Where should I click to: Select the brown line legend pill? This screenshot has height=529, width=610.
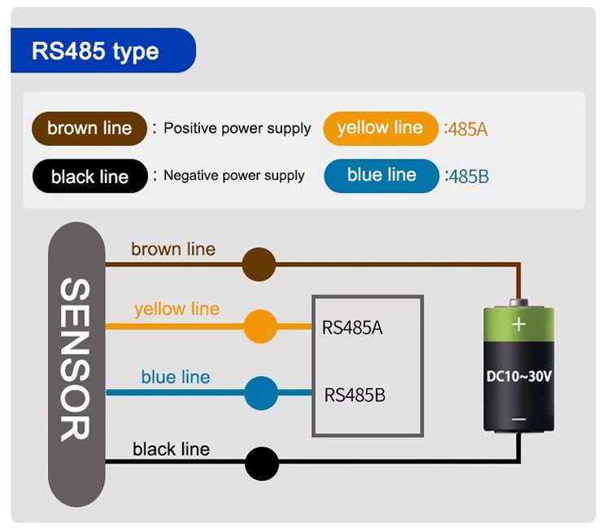click(89, 129)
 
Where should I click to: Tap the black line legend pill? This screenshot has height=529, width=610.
click(89, 177)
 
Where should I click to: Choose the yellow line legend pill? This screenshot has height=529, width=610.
click(380, 128)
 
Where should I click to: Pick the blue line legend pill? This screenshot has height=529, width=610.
click(381, 176)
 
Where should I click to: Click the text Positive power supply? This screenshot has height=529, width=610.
click(237, 129)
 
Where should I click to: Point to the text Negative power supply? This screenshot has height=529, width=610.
click(234, 176)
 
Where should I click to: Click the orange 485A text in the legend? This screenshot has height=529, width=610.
click(467, 129)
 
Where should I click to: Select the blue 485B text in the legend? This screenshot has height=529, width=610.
click(468, 177)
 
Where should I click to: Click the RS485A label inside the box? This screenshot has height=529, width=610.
click(352, 328)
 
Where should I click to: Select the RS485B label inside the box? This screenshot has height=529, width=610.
click(355, 396)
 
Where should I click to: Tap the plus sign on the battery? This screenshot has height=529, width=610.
click(518, 325)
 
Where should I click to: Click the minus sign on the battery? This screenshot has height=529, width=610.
click(518, 420)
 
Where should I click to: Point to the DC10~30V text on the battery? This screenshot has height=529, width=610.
click(518, 377)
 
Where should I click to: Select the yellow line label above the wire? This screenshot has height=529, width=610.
click(176, 309)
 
